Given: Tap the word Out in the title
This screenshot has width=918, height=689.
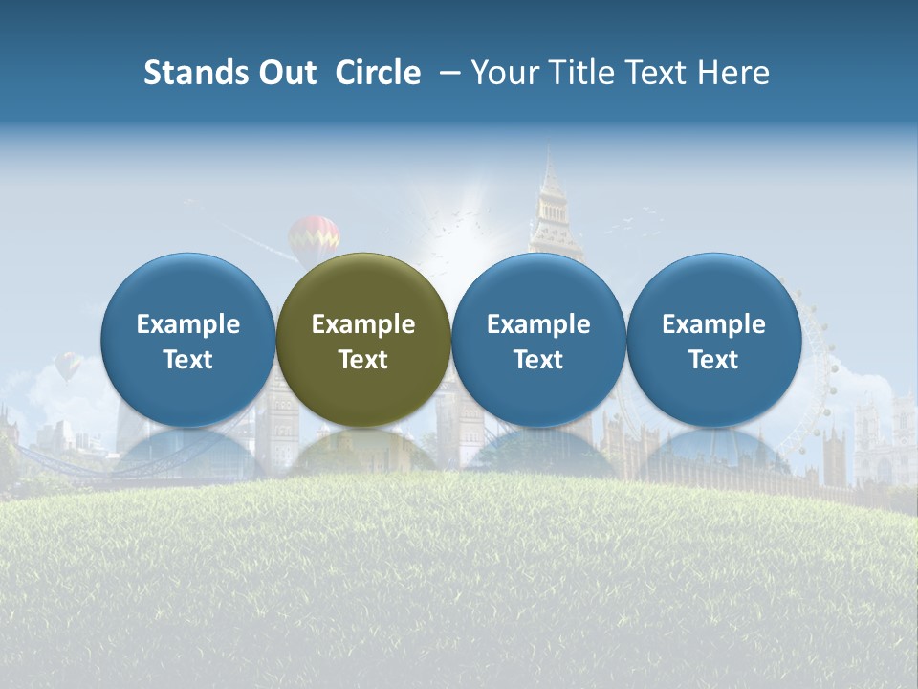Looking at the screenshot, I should point(285,73).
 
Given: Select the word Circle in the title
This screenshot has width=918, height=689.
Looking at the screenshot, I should point(378,73).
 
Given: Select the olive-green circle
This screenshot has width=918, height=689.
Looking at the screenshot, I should point(363,340).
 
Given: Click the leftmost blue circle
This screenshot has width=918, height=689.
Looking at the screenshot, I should point(188,340).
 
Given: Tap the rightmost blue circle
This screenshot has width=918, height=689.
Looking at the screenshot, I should point(714,340).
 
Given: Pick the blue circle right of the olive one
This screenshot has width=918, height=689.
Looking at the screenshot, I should point(538,340).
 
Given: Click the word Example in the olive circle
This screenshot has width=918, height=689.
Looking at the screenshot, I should point(363,324).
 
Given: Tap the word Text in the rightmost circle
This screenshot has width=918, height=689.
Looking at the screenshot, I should point(714,360).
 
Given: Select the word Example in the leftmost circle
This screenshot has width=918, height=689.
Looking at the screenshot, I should point(188,324).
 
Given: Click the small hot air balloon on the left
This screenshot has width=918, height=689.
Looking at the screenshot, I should point(67,365).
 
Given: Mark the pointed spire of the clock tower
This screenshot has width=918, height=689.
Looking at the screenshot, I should point(550,167).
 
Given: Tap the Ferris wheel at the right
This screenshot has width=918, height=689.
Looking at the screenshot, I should point(813,364).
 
